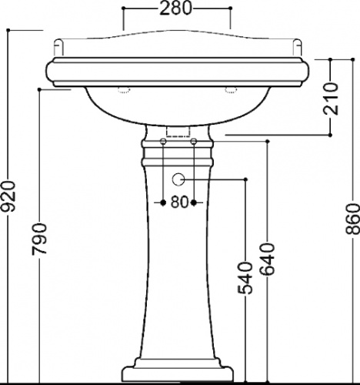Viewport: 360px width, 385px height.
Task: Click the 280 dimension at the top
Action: tap(175, 8)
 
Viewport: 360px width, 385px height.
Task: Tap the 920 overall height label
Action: tap(8, 196)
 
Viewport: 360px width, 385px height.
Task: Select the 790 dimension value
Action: tap(39, 239)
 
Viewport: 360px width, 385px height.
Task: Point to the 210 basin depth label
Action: tap(331, 99)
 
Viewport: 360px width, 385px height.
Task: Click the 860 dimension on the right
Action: tap(352, 219)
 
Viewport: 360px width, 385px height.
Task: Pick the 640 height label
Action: tap(268, 259)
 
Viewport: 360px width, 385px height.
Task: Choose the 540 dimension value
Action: tap(245, 278)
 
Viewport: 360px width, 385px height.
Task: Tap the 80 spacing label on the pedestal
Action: tap(178, 203)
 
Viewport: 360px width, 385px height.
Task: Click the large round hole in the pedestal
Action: tap(178, 179)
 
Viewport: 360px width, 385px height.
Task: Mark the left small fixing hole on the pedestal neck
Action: tap(163, 141)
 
